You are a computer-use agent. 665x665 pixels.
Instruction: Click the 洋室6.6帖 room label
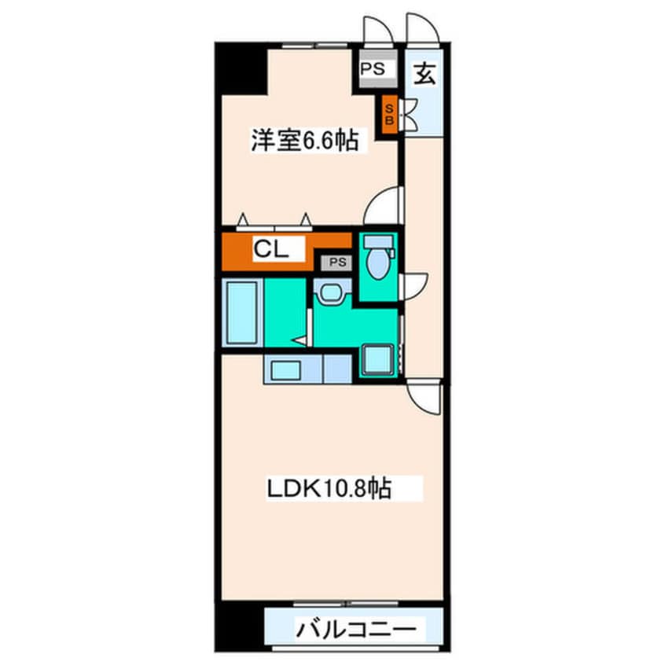(x=305, y=141)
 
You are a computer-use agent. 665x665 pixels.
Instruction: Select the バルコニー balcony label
(x=355, y=629)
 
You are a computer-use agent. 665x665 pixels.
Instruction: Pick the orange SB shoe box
(x=388, y=115)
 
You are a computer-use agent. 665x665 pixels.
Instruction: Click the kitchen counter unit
(x=307, y=368)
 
